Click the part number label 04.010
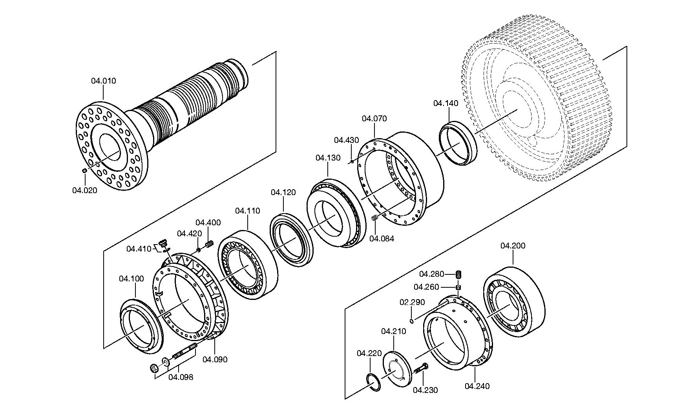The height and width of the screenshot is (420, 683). [104, 81]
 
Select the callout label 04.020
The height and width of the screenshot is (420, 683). [84, 190]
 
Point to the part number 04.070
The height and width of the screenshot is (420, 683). [374, 119]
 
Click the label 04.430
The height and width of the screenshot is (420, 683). [347, 140]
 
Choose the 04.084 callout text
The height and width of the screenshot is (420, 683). [382, 238]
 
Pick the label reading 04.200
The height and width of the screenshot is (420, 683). [513, 246]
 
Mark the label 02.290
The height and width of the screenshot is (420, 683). [412, 303]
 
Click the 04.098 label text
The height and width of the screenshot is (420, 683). [181, 378]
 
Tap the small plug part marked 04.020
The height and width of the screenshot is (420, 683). [84, 171]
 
